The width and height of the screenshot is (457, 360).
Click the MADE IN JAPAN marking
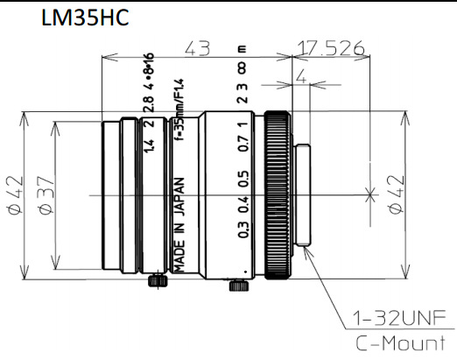[179, 224]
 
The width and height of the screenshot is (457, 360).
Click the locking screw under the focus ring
[234, 285]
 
